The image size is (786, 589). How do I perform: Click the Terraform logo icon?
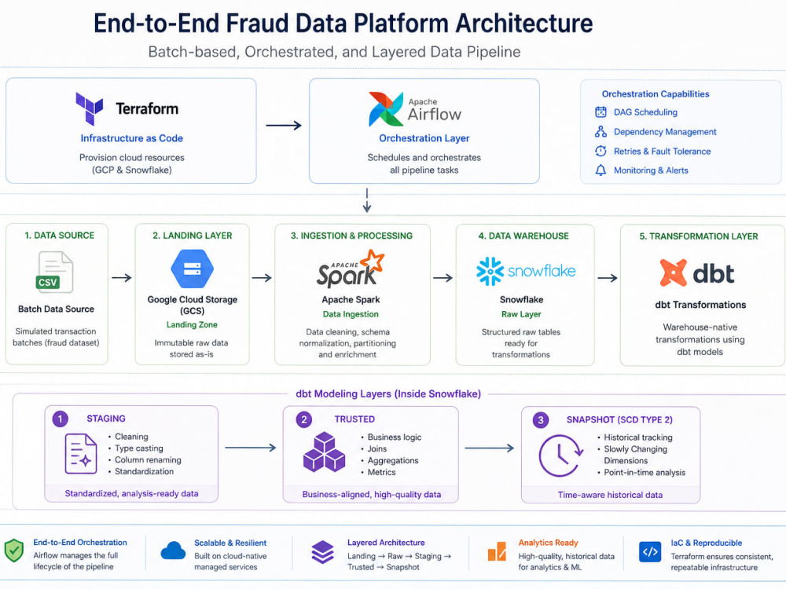click(90, 108)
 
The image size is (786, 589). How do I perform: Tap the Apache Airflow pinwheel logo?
click(385, 108)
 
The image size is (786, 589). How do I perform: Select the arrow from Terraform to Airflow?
click(284, 125)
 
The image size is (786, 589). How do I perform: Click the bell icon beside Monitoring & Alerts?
click(601, 170)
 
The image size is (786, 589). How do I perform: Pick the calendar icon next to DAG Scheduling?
click(601, 112)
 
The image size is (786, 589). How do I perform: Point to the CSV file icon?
click(55, 272)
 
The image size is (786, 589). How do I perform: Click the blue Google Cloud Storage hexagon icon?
click(193, 269)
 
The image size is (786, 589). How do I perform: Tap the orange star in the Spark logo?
click(372, 261)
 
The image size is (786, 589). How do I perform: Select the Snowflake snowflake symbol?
click(490, 272)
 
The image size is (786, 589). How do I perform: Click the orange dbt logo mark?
click(673, 273)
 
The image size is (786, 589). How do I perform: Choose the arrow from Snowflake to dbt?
click(608, 278)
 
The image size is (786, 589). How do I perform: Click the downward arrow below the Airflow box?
click(367, 200)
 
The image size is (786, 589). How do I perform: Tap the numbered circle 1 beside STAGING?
click(61, 419)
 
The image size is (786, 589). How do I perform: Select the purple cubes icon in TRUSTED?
click(325, 452)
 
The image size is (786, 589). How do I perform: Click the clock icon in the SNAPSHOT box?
click(560, 455)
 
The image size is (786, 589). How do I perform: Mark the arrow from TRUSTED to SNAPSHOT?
click(489, 448)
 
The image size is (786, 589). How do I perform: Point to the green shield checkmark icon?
click(14, 551)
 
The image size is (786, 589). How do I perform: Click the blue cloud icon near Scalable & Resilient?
click(173, 551)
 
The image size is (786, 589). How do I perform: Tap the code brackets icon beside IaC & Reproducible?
click(650, 552)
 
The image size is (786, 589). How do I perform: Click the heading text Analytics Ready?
click(548, 543)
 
